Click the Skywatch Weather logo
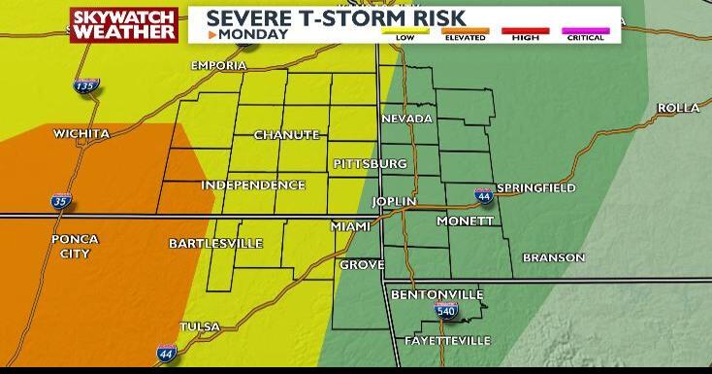click(124, 25)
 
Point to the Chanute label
click(286, 135)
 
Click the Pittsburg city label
click(370, 163)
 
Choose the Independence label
click(253, 185)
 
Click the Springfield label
click(536, 187)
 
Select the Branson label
click(553, 257)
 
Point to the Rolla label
click(678, 108)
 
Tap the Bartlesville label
click(215, 243)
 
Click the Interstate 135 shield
click(85, 87)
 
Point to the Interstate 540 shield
click(445, 311)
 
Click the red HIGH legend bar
click(525, 31)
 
